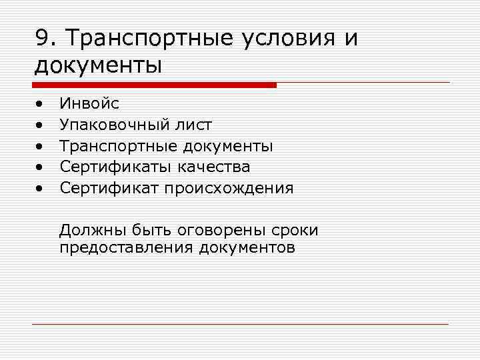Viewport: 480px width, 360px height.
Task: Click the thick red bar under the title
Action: (154, 85)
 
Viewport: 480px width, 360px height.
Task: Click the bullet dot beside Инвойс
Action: (40, 104)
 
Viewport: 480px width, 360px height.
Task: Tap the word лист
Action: (195, 125)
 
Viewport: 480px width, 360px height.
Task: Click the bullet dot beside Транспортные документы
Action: (40, 146)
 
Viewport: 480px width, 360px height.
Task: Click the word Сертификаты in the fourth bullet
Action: (116, 167)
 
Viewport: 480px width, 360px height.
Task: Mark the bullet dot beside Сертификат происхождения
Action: (40, 189)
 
